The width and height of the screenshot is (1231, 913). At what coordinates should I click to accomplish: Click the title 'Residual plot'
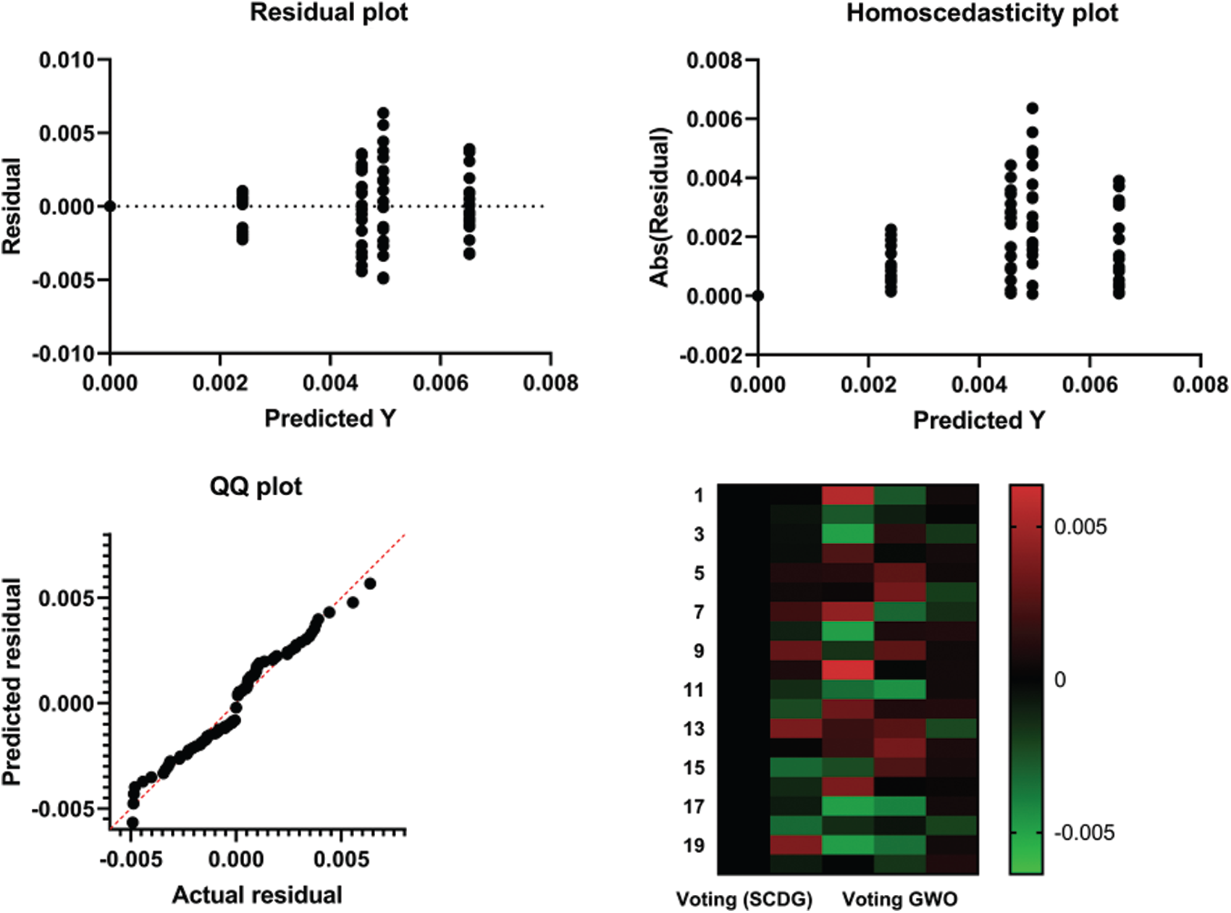point(329,13)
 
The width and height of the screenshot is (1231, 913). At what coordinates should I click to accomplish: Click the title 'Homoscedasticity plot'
point(982,13)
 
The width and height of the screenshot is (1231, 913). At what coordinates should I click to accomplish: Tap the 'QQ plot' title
point(256,486)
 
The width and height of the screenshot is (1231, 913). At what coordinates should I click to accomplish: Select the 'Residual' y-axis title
point(12,207)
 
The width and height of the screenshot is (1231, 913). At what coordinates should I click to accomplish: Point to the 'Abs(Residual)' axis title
point(660,207)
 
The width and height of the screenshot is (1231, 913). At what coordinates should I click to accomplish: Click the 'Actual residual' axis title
point(257,895)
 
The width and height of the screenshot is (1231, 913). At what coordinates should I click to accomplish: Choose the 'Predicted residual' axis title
point(12,682)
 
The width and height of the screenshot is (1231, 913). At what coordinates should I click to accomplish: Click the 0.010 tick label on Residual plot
point(67,60)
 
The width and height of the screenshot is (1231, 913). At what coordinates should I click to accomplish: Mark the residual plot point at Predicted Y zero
point(110,206)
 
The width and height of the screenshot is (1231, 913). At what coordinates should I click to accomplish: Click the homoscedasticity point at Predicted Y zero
point(758,295)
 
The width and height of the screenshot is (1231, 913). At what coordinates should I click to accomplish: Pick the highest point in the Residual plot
point(383,114)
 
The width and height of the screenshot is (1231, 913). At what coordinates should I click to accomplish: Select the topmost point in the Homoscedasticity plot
point(1032,109)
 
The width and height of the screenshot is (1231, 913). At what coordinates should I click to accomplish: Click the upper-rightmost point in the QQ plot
point(370,584)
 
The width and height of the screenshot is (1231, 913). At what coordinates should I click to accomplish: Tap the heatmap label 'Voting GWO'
point(899,899)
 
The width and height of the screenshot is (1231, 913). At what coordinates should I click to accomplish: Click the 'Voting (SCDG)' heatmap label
point(744,899)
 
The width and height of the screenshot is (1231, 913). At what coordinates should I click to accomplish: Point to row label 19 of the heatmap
point(694,845)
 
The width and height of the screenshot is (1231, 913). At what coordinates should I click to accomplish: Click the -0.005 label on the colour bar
point(1084,833)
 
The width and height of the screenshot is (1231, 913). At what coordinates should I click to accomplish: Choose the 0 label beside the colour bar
point(1060,680)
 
